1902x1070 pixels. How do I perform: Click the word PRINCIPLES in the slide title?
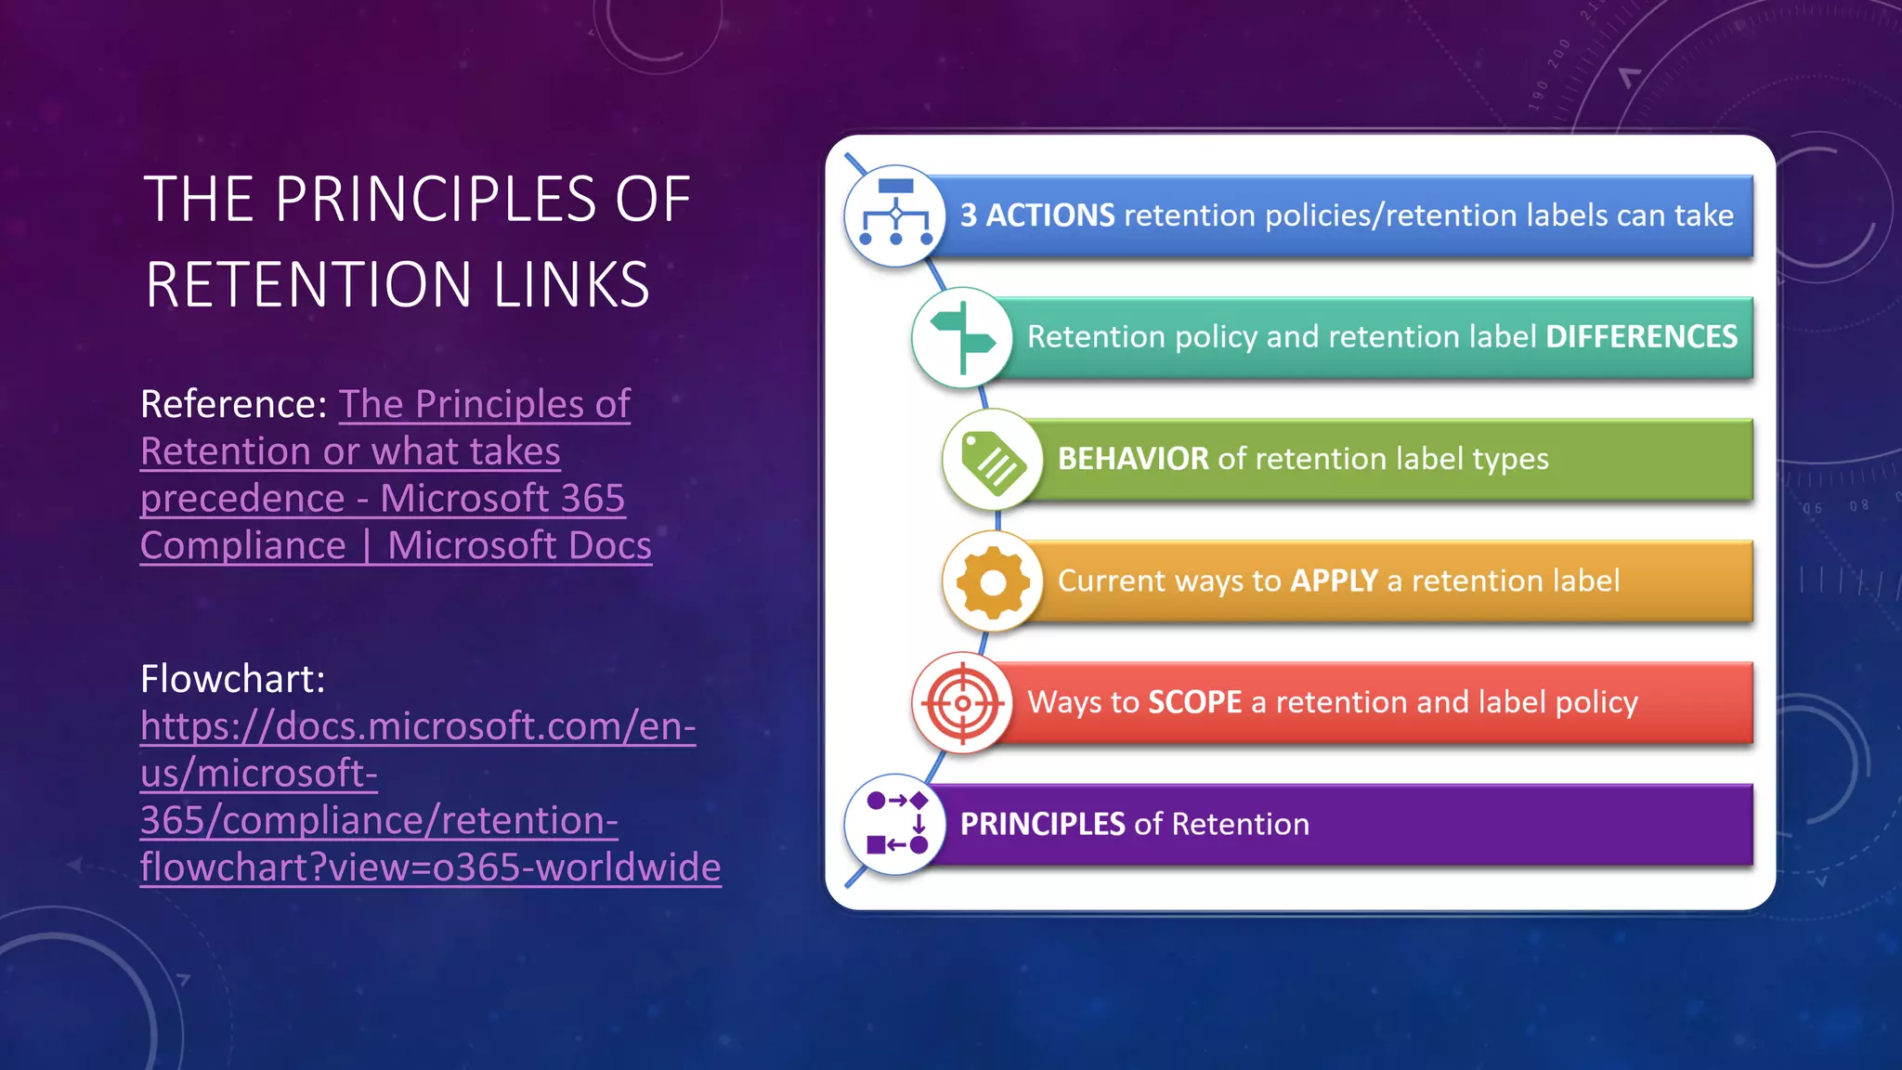435,200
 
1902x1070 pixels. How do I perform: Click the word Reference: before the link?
233,404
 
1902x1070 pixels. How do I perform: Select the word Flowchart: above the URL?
233,679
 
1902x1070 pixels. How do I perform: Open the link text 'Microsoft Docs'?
519,546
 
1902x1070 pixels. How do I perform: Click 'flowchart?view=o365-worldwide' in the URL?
430,868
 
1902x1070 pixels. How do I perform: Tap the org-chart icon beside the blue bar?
895,215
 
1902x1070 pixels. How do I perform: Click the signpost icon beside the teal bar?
962,337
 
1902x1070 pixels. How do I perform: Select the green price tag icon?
993,460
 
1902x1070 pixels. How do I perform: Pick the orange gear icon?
993,582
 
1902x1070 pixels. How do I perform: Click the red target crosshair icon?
962,703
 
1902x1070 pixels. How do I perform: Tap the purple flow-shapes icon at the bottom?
895,824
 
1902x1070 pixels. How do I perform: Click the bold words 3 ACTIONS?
1036,215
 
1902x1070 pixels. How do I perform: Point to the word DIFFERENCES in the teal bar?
1641,337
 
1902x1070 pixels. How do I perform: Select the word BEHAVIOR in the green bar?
1132,459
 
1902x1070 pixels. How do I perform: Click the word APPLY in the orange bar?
1334,581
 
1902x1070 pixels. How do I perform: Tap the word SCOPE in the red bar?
1194,702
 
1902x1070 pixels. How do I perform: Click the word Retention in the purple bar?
1241,824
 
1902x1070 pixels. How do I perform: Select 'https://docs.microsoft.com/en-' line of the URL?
418,726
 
